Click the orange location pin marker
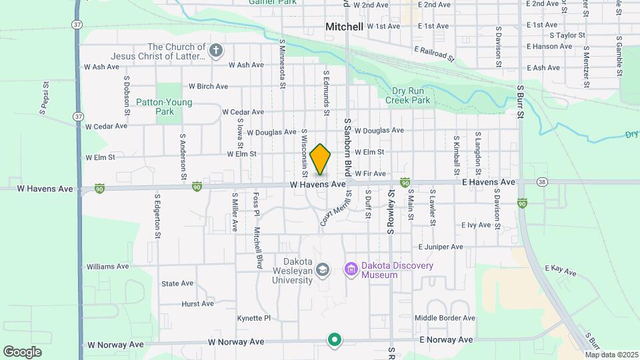tap(321, 159)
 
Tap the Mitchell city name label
tap(344, 27)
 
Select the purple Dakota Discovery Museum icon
tap(351, 269)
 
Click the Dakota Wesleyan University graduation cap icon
tap(323, 269)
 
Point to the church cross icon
tap(215, 51)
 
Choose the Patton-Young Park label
tap(164, 107)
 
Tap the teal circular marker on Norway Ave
tap(335, 340)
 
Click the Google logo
tap(22, 351)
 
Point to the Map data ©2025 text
tap(611, 355)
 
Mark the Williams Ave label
tap(107, 266)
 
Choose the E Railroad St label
tap(434, 54)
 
